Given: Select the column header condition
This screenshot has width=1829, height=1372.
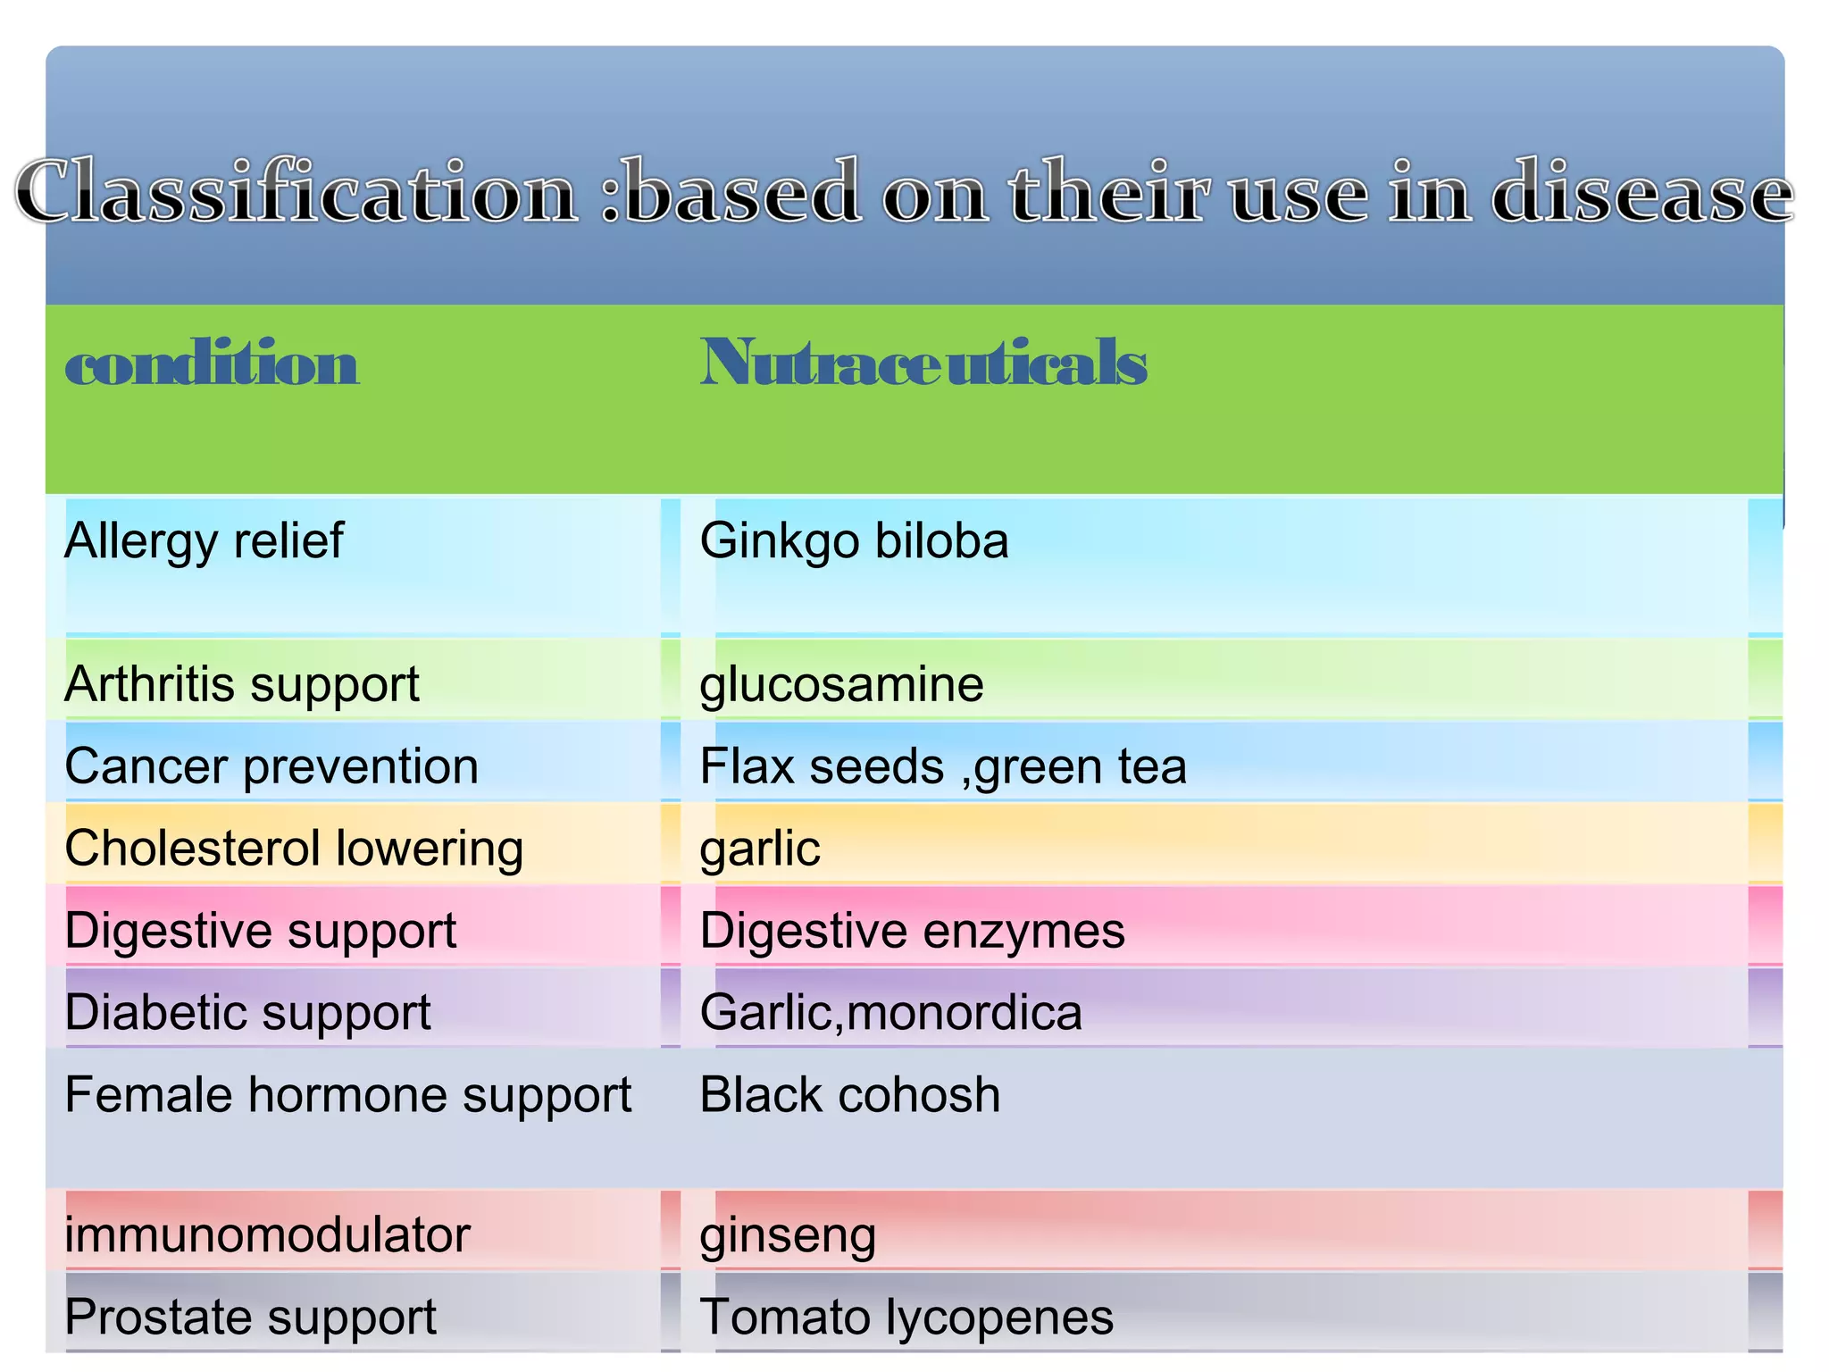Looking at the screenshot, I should click(x=212, y=364).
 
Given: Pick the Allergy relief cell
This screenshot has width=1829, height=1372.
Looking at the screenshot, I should click(x=204, y=541).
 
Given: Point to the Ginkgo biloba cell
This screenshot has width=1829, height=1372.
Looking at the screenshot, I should click(x=854, y=541).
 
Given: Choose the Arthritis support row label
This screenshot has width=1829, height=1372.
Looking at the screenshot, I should click(x=241, y=685).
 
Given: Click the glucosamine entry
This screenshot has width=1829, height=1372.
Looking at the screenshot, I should click(x=841, y=685).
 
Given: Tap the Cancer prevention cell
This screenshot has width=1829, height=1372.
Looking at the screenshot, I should click(x=271, y=766).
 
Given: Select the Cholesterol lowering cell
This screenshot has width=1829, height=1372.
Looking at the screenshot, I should click(x=294, y=849).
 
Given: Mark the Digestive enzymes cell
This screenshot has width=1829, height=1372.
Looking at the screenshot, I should click(x=912, y=931).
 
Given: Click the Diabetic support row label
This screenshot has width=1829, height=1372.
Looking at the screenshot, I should click(x=247, y=1013).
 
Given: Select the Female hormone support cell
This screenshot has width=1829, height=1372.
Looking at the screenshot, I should click(x=347, y=1095).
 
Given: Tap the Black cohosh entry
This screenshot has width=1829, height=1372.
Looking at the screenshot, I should click(x=849, y=1095).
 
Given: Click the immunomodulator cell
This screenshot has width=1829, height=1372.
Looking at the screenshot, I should click(x=267, y=1235).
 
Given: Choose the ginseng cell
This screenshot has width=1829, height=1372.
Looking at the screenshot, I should click(x=788, y=1237).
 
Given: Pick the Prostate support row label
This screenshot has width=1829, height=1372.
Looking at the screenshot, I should click(x=250, y=1318).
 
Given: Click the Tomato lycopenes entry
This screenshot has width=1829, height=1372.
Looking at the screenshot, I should click(x=906, y=1318).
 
